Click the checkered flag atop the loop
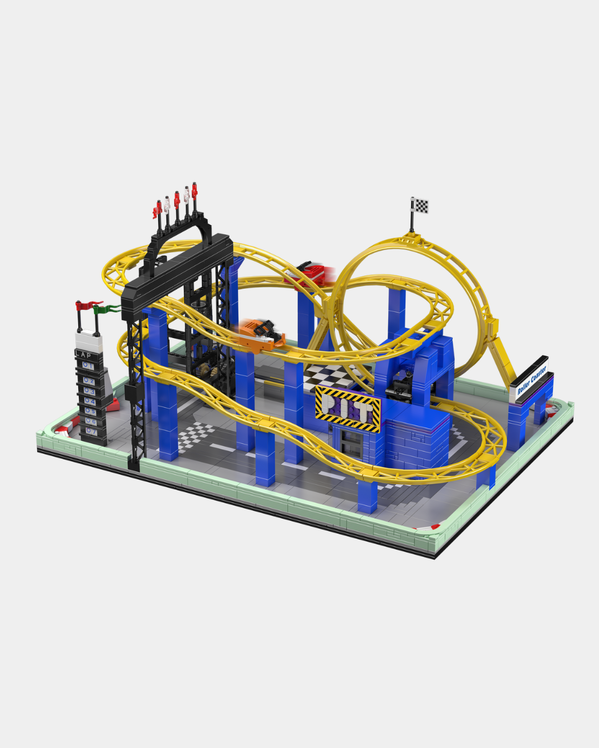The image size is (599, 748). pyautogui.click(x=420, y=205)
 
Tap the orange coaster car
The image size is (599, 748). pyautogui.click(x=260, y=334)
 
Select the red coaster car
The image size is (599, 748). pyautogui.click(x=310, y=273)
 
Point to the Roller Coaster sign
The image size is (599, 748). pyautogui.click(x=531, y=380)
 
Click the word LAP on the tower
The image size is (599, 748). pyautogui.click(x=84, y=355)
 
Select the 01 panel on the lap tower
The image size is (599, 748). pyautogui.click(x=88, y=366)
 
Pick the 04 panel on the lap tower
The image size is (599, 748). pyautogui.click(x=89, y=401)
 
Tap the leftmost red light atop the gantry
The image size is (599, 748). pyautogui.click(x=157, y=210)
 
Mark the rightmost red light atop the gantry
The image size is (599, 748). pyautogui.click(x=194, y=191)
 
